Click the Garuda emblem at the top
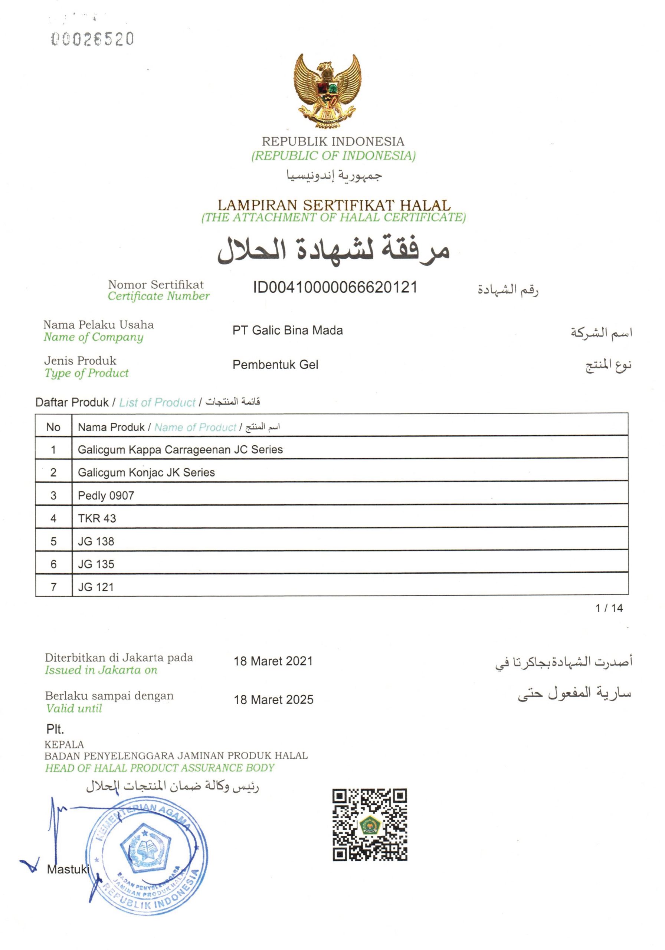click(327, 91)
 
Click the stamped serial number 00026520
click(92, 39)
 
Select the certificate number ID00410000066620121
click(335, 287)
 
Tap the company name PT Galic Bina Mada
click(288, 330)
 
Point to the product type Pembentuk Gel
click(275, 364)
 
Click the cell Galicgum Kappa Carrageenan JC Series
click(180, 449)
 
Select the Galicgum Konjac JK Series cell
click(147, 472)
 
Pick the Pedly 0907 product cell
click(106, 495)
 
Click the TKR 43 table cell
click(97, 518)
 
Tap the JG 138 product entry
click(96, 541)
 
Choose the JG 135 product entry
click(96, 564)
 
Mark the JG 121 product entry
click(96, 587)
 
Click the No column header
click(53, 427)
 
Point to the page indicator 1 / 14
click(609, 608)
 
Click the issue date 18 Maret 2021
click(273, 661)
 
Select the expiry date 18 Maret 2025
click(273, 700)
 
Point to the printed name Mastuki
click(68, 869)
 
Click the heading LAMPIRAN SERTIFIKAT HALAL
click(334, 205)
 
